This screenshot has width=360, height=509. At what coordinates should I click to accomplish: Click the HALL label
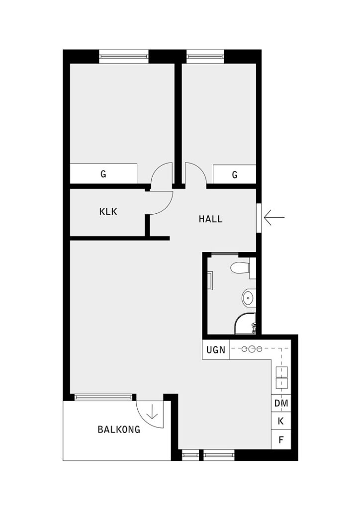tap(210, 219)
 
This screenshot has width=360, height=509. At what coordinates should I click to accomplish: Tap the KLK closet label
tap(108, 212)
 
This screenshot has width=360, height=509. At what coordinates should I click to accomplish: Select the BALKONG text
tap(119, 429)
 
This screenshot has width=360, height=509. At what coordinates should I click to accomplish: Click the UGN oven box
tap(215, 350)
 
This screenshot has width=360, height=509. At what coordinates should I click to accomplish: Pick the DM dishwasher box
tap(281, 403)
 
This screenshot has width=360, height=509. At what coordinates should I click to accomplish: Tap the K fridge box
tap(281, 422)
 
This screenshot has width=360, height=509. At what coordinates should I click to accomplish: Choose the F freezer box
tap(281, 440)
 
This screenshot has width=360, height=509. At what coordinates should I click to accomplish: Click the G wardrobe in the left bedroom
tap(103, 174)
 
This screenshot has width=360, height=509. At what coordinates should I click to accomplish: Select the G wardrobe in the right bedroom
tap(234, 175)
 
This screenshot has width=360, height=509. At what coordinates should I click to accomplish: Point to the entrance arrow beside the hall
tap(274, 218)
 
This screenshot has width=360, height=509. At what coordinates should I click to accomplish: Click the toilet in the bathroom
tap(241, 268)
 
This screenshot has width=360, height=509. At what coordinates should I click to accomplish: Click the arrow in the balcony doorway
tap(152, 412)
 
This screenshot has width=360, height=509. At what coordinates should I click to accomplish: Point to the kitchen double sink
tap(281, 377)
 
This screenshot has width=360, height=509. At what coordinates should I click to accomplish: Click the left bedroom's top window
tap(124, 56)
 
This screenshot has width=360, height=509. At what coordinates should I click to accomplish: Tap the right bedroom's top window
tap(205, 56)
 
